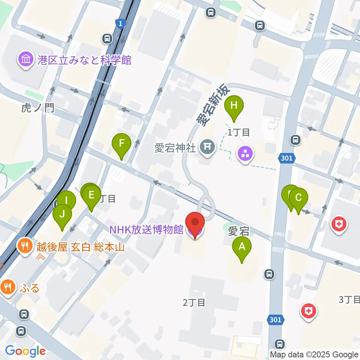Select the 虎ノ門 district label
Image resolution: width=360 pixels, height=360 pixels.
[x=38, y=108]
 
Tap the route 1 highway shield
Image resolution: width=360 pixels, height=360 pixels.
[x=120, y=24]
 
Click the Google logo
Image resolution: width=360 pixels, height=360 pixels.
[x=25, y=351]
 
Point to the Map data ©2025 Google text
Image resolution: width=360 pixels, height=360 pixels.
[x=314, y=354]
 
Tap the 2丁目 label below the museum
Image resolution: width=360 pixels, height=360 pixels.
[x=194, y=302]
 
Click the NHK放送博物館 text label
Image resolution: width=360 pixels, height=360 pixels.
[x=146, y=229]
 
